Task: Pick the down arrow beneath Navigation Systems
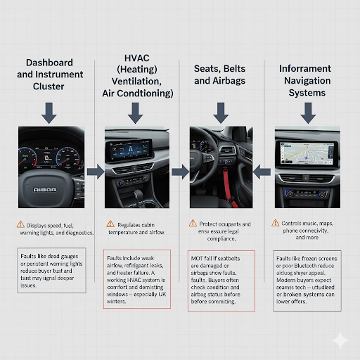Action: (307, 110)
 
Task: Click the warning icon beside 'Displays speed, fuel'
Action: (20, 224)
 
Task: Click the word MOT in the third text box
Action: (198, 259)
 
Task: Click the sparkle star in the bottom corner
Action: (341, 340)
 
